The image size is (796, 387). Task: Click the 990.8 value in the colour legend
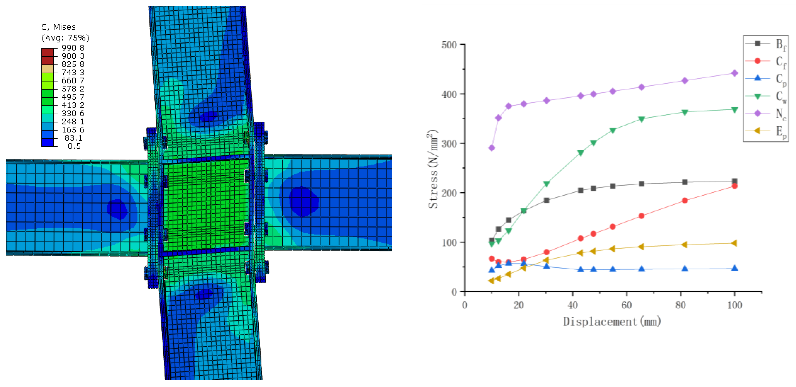[x=73, y=48]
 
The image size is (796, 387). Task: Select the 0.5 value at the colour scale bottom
[x=74, y=146]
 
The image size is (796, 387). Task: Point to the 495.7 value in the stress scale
[x=73, y=97]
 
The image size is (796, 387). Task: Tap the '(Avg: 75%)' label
[x=65, y=38]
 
